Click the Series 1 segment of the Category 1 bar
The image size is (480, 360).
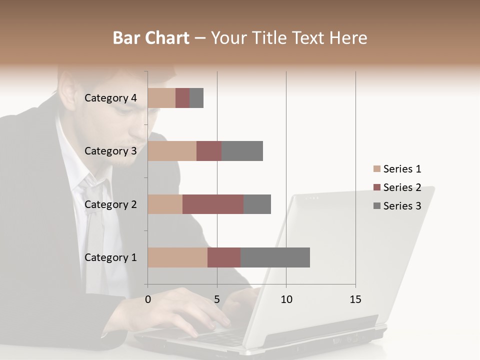tap(177, 257)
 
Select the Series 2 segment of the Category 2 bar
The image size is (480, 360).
tap(213, 204)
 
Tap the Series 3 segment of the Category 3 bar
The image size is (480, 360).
tap(242, 151)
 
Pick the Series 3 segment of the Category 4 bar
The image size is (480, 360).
tap(196, 98)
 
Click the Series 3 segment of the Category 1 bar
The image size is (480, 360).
tap(275, 257)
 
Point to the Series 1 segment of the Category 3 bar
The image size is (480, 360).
tap(172, 151)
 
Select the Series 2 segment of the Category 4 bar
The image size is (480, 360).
tap(182, 98)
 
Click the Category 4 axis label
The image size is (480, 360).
tap(110, 98)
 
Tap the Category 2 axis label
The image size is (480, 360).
tap(110, 204)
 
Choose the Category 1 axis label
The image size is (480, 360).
tap(110, 257)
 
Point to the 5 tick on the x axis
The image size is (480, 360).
tap(217, 299)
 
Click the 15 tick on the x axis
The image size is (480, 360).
tap(355, 299)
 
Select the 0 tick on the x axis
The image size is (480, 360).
tap(148, 299)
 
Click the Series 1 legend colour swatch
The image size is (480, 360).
tap(376, 169)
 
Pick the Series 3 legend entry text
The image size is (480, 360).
tap(402, 206)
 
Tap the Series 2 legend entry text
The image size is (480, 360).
tap(402, 187)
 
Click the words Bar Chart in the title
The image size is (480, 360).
tap(151, 38)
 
